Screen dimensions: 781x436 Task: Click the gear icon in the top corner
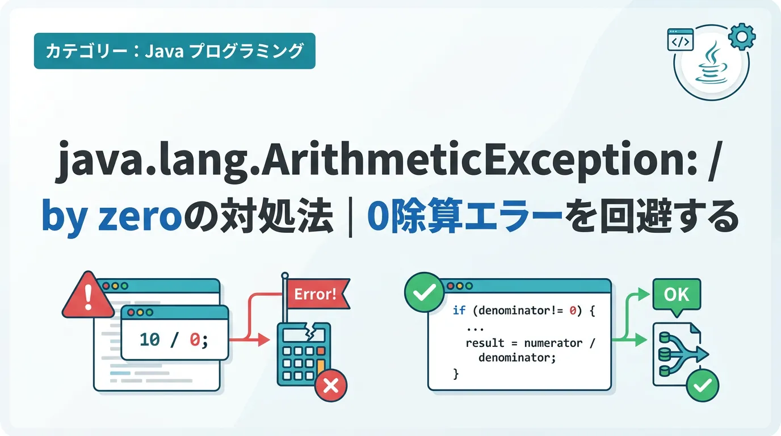tap(742, 37)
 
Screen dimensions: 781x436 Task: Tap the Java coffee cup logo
tap(712, 63)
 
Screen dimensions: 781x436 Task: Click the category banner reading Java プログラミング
tap(175, 51)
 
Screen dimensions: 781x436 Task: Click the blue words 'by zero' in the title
tap(112, 216)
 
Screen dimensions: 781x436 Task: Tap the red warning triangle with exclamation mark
tap(88, 296)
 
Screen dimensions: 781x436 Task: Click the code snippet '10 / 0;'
tap(174, 339)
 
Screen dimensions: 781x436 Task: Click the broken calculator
tap(304, 354)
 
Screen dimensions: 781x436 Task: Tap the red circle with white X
tap(331, 385)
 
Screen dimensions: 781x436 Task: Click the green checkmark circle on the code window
tap(424, 292)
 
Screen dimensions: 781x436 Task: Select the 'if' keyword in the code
tap(459, 310)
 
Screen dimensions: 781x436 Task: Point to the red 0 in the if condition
tap(573, 310)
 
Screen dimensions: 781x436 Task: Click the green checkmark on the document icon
tap(703, 385)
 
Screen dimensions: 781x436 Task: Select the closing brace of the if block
tap(456, 374)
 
